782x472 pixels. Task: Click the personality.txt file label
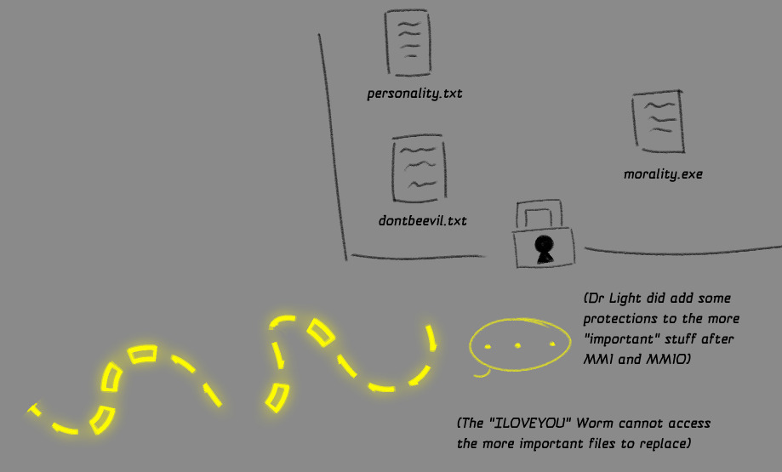[x=414, y=94]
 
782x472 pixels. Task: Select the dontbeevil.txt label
[x=423, y=221]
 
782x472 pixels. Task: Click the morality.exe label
[x=663, y=174]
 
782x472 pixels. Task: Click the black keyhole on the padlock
[x=542, y=247]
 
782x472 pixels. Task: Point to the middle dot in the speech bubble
[x=517, y=344]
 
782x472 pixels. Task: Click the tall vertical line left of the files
[x=333, y=145]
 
